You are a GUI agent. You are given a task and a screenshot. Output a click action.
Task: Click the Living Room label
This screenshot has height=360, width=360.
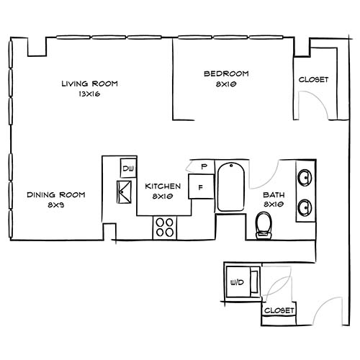89,84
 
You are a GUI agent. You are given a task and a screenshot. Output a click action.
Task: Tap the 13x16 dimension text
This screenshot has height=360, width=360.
89,94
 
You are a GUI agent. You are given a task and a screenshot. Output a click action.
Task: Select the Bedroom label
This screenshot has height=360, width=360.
226,73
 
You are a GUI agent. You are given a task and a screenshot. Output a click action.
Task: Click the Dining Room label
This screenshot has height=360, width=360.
56,195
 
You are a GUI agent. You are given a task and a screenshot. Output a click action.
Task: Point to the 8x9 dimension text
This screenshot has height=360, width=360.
57,205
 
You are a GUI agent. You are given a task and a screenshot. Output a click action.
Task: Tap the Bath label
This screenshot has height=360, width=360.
274,195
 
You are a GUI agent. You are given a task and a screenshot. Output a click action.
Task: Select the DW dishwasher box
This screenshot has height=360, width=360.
128,169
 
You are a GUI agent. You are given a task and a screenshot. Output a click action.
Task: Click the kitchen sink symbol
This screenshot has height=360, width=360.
125,193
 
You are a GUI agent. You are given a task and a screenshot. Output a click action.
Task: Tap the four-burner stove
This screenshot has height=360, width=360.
165,228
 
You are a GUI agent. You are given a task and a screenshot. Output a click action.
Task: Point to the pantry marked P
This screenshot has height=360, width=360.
204,167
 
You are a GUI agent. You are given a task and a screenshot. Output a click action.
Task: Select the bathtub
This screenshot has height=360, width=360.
231,186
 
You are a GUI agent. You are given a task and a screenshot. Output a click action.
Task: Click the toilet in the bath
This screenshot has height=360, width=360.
264,225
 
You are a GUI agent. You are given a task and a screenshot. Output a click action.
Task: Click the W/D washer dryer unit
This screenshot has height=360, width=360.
238,282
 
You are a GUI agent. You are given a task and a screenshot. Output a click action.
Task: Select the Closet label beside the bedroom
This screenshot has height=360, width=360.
313,80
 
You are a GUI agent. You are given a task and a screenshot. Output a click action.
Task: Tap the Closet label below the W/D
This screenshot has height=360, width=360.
279,310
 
